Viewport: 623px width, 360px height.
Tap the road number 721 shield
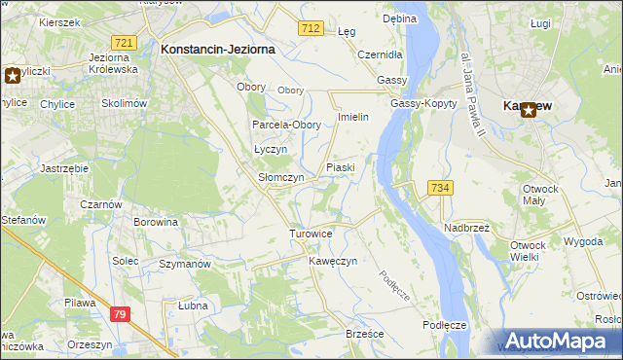(123, 44)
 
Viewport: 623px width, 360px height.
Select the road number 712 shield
(311, 29)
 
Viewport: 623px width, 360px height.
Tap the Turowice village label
(311, 234)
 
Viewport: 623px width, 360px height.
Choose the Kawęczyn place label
(333, 261)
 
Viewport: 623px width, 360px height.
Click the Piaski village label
(340, 167)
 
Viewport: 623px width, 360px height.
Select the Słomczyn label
(280, 178)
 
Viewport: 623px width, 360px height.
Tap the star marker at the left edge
(13, 75)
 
